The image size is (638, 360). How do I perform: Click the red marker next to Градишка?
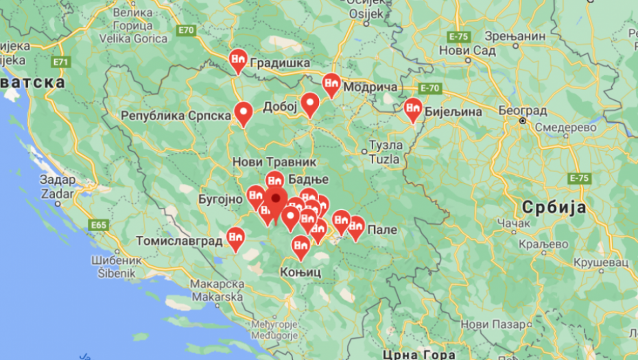tap(238, 62)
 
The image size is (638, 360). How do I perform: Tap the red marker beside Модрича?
tap(331, 85)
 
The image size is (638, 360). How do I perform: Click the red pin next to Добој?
tap(310, 105)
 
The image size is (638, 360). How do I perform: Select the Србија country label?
tap(554, 206)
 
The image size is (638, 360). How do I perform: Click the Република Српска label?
tap(176, 115)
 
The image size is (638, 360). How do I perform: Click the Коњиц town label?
tap(300, 272)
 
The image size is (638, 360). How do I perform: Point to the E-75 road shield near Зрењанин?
tap(459, 36)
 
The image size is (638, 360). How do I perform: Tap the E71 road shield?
tap(61, 62)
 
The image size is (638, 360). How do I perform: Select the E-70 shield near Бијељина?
tap(430, 88)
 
